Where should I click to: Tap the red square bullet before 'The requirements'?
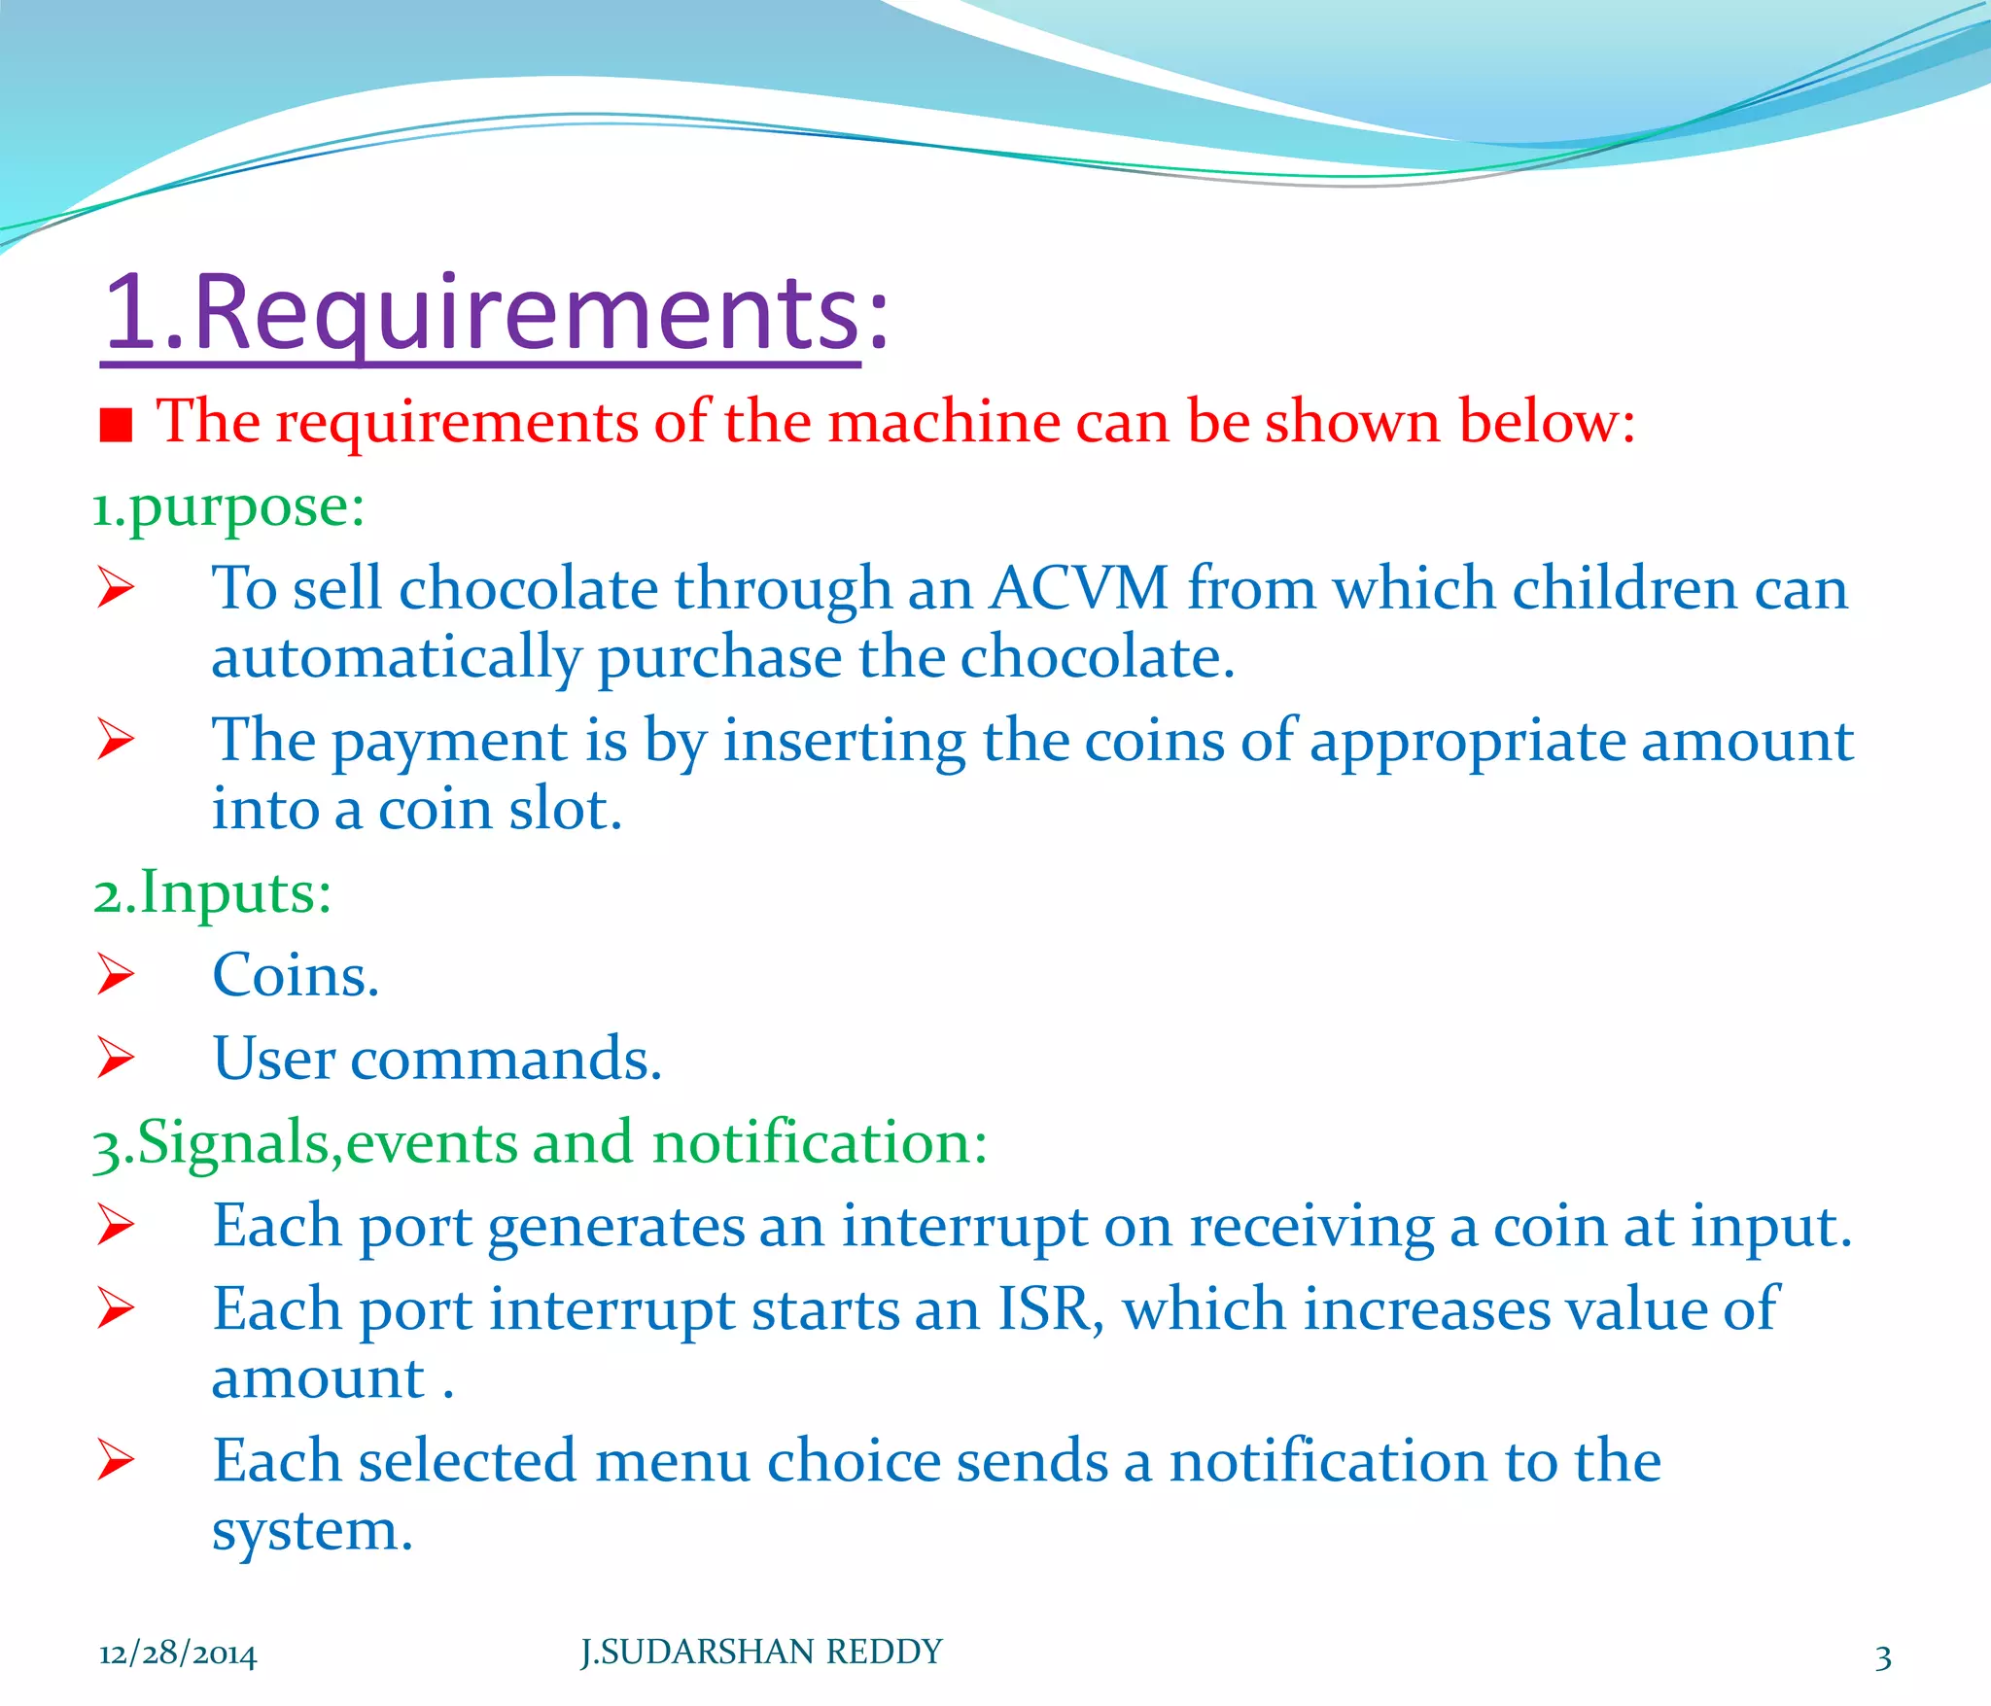click(x=116, y=425)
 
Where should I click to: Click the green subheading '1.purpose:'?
click(x=228, y=507)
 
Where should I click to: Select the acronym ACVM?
click(x=1079, y=589)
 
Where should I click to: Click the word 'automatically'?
click(x=396, y=659)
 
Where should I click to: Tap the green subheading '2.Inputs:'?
click(x=212, y=893)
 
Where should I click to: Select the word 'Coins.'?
click(x=296, y=976)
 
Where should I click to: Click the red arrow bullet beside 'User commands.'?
click(x=116, y=1059)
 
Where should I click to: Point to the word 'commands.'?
click(x=506, y=1060)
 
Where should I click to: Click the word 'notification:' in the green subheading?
click(x=820, y=1143)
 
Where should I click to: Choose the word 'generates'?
click(x=614, y=1227)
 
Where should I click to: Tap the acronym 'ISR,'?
click(x=1051, y=1309)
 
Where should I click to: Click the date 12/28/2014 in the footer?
click(x=178, y=1654)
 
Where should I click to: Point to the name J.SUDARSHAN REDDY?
click(x=761, y=1652)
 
